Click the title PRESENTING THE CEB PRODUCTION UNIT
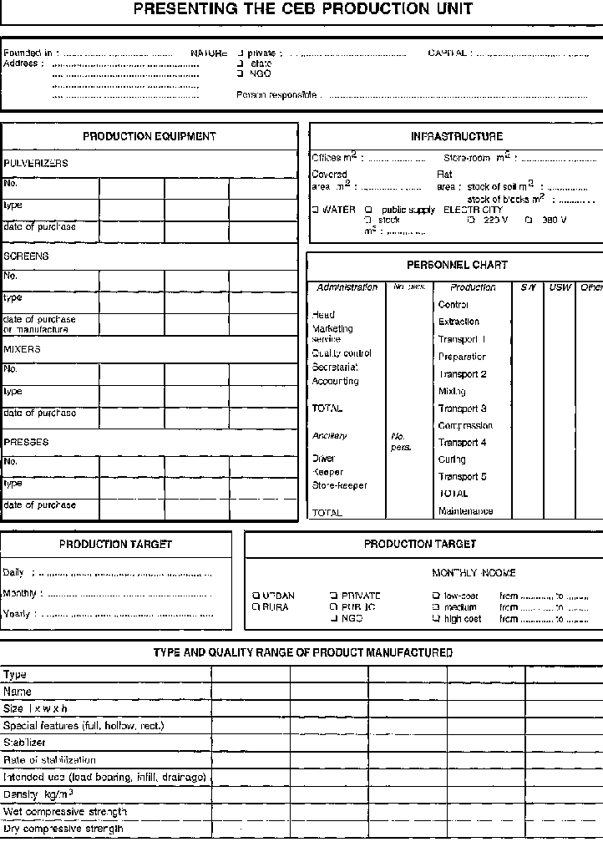(302, 10)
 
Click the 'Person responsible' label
(276, 95)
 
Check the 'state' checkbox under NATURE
(241, 63)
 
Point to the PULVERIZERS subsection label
(36, 164)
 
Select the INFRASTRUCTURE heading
(456, 136)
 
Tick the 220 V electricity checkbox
(472, 221)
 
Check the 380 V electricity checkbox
(528, 221)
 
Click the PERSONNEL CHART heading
(457, 265)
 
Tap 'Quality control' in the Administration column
(341, 353)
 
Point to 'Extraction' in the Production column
(459, 322)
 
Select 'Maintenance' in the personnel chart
(465, 511)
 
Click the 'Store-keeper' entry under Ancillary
(339, 485)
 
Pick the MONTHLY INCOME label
(474, 573)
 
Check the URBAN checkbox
(256, 596)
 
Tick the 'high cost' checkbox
(436, 620)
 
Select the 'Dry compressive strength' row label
(64, 829)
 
